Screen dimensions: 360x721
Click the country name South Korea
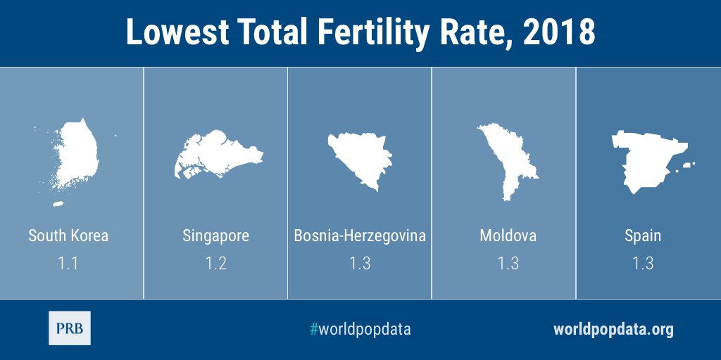click(68, 236)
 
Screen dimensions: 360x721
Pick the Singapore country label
click(215, 236)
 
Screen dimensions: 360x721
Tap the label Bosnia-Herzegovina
click(360, 236)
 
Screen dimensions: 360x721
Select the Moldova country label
click(508, 236)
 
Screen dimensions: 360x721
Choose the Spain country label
click(643, 236)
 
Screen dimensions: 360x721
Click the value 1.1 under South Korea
click(68, 264)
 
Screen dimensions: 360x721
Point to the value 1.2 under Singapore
click(215, 264)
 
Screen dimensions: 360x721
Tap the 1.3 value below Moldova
click(508, 264)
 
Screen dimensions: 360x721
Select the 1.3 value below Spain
click(643, 264)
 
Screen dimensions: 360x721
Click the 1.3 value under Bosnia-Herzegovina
click(360, 264)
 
